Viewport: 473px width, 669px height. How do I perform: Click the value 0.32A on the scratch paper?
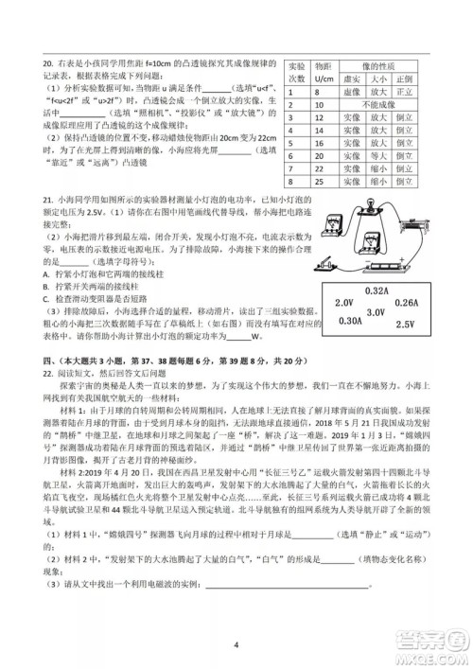click(377, 290)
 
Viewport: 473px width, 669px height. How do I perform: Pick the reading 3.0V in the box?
click(375, 313)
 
